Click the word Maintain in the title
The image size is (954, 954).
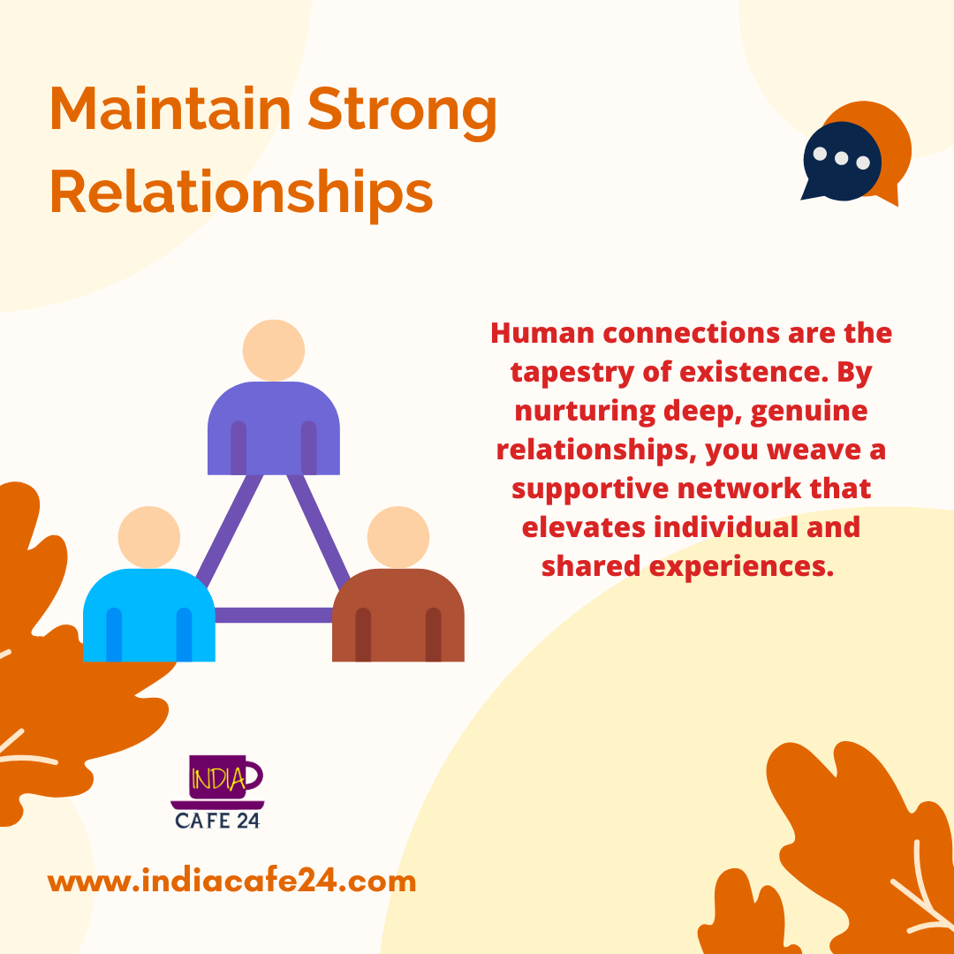(x=171, y=109)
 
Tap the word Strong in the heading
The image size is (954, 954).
(x=402, y=113)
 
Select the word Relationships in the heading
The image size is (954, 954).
(x=241, y=192)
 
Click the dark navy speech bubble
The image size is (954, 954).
(x=842, y=162)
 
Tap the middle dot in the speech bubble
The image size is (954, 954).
(x=842, y=158)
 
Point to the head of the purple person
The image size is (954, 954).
(x=274, y=351)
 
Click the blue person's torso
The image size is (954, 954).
(x=149, y=615)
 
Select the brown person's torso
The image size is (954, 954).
(x=398, y=615)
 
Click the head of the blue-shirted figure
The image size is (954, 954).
(x=149, y=537)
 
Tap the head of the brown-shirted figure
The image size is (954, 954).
(x=398, y=537)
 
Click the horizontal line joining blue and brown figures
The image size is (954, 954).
(x=274, y=615)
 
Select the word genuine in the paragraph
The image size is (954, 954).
(x=808, y=412)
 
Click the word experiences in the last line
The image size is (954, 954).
(x=741, y=567)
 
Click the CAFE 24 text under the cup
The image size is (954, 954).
(x=217, y=821)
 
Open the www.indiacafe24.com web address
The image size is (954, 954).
(x=231, y=882)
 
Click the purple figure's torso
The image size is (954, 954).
(x=274, y=428)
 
